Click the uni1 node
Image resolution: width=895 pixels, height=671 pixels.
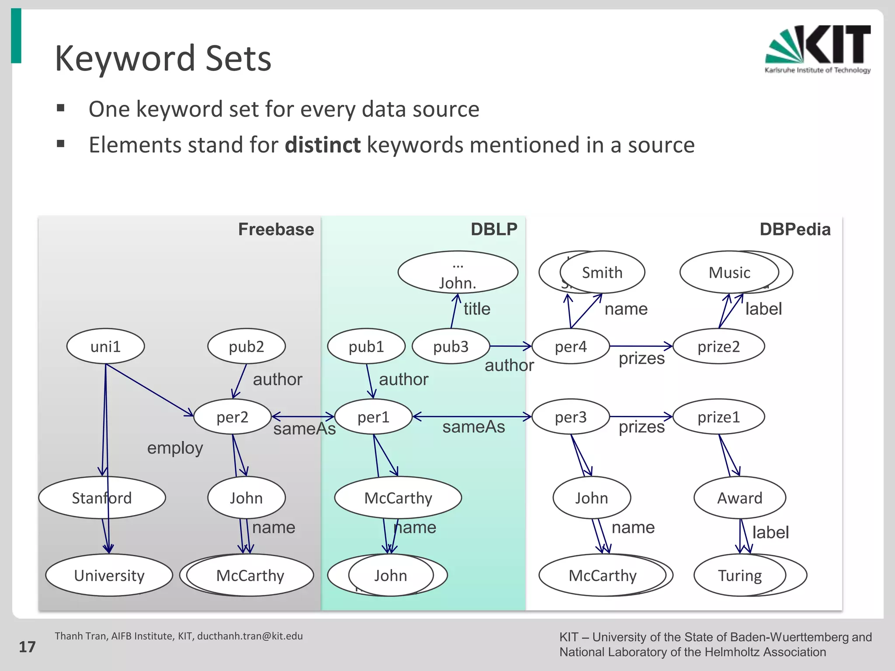[105, 346]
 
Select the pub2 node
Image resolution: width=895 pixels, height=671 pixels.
[246, 346]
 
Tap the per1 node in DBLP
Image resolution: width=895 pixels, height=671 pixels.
[373, 417]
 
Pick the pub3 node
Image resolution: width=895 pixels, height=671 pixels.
[451, 346]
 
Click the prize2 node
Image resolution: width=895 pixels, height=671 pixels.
[718, 346]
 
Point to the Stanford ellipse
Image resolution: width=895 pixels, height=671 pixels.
[102, 498]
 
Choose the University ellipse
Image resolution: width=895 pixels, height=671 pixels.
[109, 575]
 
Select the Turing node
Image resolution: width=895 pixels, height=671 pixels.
[740, 575]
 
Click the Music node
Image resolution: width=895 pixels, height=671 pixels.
[729, 273]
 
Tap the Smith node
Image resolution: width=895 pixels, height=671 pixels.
[602, 273]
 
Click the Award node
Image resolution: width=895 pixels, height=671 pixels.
[740, 498]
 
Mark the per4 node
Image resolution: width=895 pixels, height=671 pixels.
[570, 346]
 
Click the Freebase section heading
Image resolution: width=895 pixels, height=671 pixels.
[276, 229]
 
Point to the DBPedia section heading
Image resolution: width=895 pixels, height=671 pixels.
[795, 229]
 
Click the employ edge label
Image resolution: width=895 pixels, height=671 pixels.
[175, 448]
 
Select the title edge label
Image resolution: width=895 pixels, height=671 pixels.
[477, 309]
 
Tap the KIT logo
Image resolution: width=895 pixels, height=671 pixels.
[818, 49]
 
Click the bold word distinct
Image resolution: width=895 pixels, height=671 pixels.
[323, 145]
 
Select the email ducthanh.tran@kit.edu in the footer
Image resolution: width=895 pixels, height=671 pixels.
[250, 636]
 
